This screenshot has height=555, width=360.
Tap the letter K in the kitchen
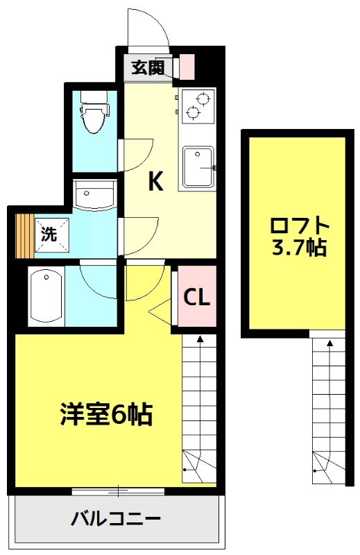coord(155,182)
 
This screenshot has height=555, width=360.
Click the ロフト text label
coord(298,227)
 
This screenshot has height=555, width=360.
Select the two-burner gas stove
coord(197,104)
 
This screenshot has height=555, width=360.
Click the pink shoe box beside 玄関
coord(187,67)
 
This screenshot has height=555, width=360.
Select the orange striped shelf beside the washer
coord(24,234)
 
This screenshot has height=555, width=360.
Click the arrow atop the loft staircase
coord(329,341)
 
